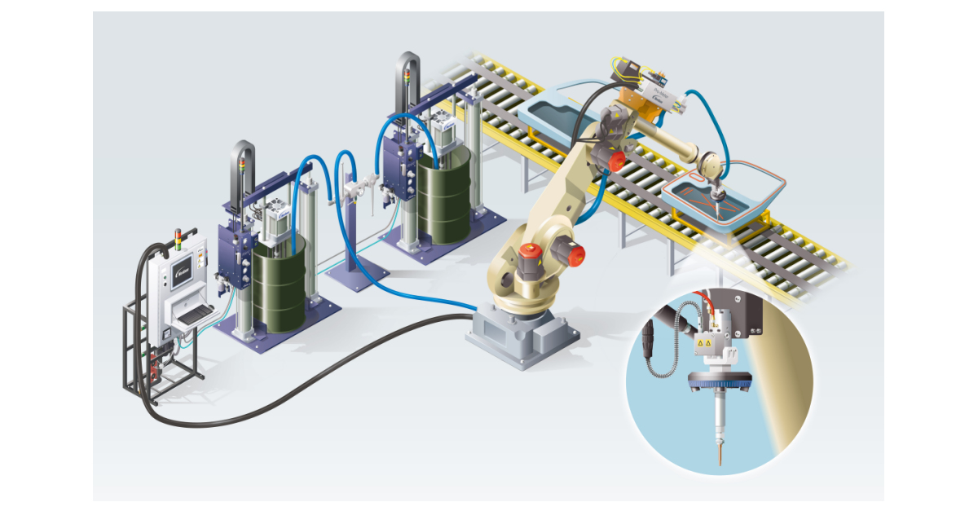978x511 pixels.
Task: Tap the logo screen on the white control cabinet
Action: (184, 263)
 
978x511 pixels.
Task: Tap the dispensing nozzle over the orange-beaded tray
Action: (718, 196)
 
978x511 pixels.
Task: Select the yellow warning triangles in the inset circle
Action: (704, 346)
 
